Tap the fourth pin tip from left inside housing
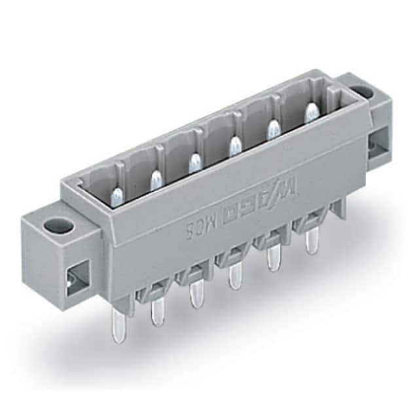(232, 144)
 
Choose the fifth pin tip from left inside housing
(271, 128)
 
